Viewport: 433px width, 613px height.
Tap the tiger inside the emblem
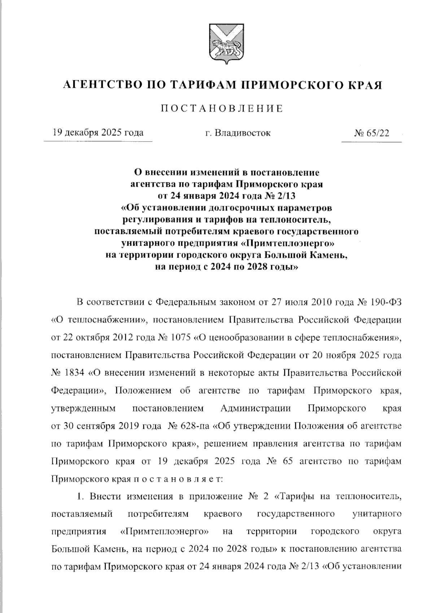(223, 47)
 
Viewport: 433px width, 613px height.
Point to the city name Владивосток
(242, 133)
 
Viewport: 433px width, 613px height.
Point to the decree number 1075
(179, 338)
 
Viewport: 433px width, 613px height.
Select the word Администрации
(255, 408)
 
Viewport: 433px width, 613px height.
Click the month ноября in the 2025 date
(344, 355)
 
